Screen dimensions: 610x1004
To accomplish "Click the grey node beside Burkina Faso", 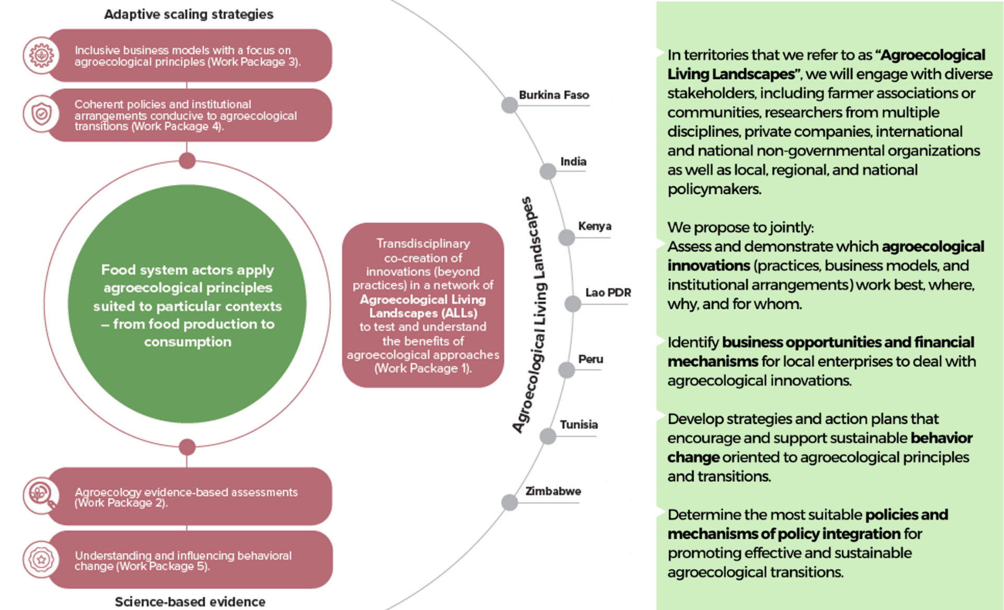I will (x=509, y=105).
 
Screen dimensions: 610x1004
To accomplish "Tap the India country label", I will (x=573, y=162).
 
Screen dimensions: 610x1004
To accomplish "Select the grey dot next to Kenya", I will (x=566, y=238).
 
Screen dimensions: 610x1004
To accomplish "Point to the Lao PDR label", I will (x=608, y=292).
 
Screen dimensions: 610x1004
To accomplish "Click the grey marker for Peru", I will (x=566, y=370).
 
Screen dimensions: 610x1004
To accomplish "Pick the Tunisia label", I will (x=578, y=425).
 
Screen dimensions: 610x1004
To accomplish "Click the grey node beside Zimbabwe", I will (x=509, y=502).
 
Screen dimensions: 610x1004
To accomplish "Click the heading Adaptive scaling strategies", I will (x=188, y=14).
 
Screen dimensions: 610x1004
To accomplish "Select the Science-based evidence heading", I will (x=190, y=602).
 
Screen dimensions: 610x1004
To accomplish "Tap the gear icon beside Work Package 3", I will (x=41, y=55).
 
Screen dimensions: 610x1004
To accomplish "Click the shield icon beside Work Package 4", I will (x=41, y=114).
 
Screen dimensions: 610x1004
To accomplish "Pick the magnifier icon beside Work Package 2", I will (x=41, y=494).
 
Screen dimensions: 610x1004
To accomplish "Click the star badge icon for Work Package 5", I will (x=41, y=559).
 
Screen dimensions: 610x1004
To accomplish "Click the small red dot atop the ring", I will (x=187, y=161).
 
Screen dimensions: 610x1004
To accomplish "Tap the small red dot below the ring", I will (x=187, y=447).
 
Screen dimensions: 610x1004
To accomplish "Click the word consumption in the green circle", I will (x=187, y=342).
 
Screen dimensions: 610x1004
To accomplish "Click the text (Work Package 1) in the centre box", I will (x=423, y=368).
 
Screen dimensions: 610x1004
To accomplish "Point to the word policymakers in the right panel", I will (x=714, y=189).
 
